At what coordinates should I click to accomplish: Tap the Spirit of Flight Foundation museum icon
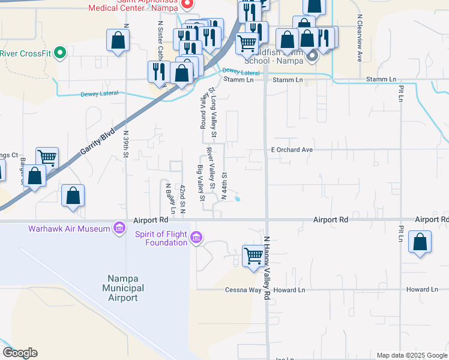point(196,238)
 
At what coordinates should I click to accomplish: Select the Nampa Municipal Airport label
point(123,288)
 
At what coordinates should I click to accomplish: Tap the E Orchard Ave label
point(292,149)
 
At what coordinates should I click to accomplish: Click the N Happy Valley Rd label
point(268,267)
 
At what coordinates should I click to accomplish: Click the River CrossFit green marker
point(59,53)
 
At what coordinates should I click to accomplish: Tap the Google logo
point(20,353)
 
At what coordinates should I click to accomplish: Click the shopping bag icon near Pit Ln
point(420,242)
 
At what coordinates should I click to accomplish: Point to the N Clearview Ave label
point(359,38)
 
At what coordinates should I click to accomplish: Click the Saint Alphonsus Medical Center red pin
point(187,4)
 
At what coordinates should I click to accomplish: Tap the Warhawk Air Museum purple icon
point(118,228)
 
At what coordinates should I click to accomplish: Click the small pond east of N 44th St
point(238,199)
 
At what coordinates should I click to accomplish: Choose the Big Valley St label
point(201,183)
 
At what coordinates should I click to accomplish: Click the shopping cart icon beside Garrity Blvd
point(47,158)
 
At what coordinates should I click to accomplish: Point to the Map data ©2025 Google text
point(411,355)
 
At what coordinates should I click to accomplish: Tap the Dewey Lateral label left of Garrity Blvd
point(99,94)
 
